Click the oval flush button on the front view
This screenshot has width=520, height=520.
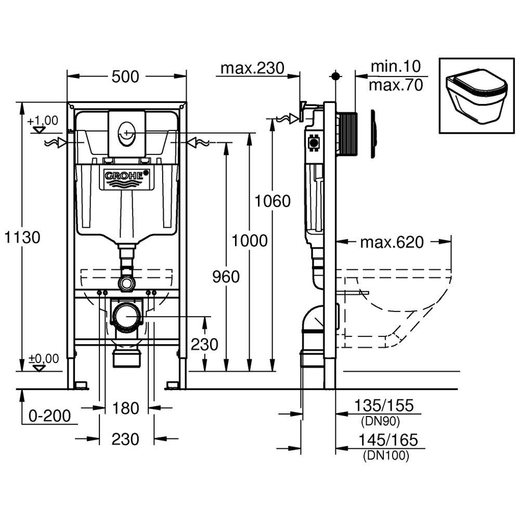tap(125, 133)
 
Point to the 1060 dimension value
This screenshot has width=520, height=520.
tap(272, 201)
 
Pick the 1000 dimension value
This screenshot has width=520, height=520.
tap(250, 241)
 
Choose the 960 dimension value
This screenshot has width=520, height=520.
tap(226, 277)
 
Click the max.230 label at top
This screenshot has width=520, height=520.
tap(252, 68)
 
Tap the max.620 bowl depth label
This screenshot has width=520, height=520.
tap(392, 242)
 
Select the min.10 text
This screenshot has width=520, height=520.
tap(395, 67)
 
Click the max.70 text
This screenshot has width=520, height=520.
tap(395, 85)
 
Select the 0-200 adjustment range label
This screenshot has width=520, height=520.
tap(49, 415)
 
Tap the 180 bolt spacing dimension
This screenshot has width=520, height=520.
tap(126, 408)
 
